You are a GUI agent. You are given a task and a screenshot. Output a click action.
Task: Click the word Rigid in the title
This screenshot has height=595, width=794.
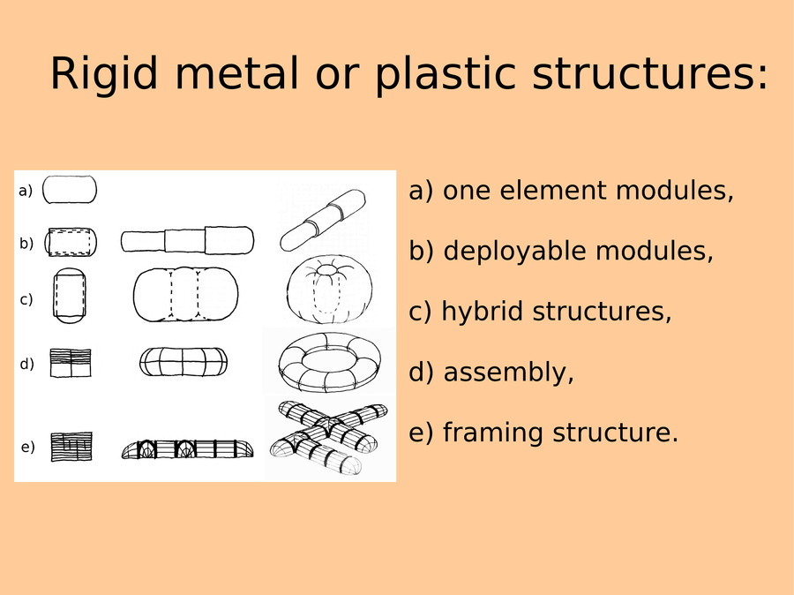(x=104, y=73)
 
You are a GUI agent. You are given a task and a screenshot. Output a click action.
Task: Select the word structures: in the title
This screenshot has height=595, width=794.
(x=650, y=73)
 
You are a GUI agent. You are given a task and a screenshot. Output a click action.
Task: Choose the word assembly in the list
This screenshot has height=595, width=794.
(x=508, y=372)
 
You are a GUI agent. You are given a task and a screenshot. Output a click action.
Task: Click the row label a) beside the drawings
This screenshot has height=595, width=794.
(x=26, y=191)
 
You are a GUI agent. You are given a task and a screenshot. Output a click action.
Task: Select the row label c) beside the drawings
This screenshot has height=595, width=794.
(x=26, y=299)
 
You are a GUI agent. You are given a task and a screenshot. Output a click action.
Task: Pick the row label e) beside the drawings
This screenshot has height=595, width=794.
(x=28, y=447)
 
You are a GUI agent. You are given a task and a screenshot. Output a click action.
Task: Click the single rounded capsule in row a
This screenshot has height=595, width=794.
(x=70, y=190)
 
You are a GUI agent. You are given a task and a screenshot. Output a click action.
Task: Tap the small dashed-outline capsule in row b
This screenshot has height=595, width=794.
(x=71, y=242)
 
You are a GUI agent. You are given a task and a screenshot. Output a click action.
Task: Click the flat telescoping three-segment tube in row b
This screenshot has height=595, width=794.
(x=187, y=240)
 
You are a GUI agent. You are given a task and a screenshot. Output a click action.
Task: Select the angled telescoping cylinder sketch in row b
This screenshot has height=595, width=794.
(x=323, y=220)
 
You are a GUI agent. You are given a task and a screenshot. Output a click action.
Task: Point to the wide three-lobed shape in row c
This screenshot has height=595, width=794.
(x=186, y=295)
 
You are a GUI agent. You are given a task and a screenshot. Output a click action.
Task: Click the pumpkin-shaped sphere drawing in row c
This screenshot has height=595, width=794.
(x=330, y=289)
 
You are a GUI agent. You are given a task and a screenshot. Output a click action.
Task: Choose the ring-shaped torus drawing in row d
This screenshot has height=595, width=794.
(x=329, y=362)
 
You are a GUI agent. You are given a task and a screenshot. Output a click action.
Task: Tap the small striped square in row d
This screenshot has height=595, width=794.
(x=71, y=362)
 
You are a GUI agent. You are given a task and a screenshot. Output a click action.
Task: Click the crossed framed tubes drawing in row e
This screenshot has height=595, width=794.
(x=329, y=437)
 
